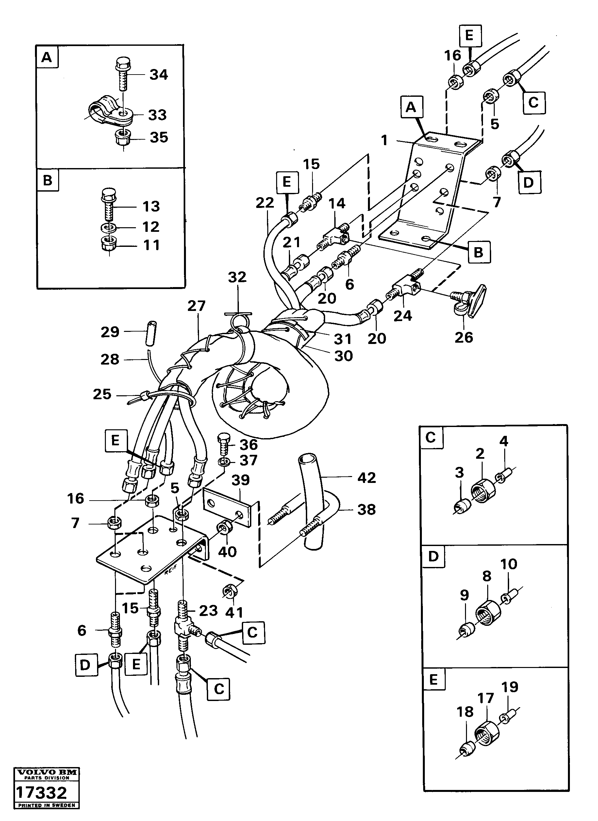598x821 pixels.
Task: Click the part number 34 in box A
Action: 158,75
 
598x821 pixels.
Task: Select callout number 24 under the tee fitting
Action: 402,316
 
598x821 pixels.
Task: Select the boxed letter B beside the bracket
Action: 478,252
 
